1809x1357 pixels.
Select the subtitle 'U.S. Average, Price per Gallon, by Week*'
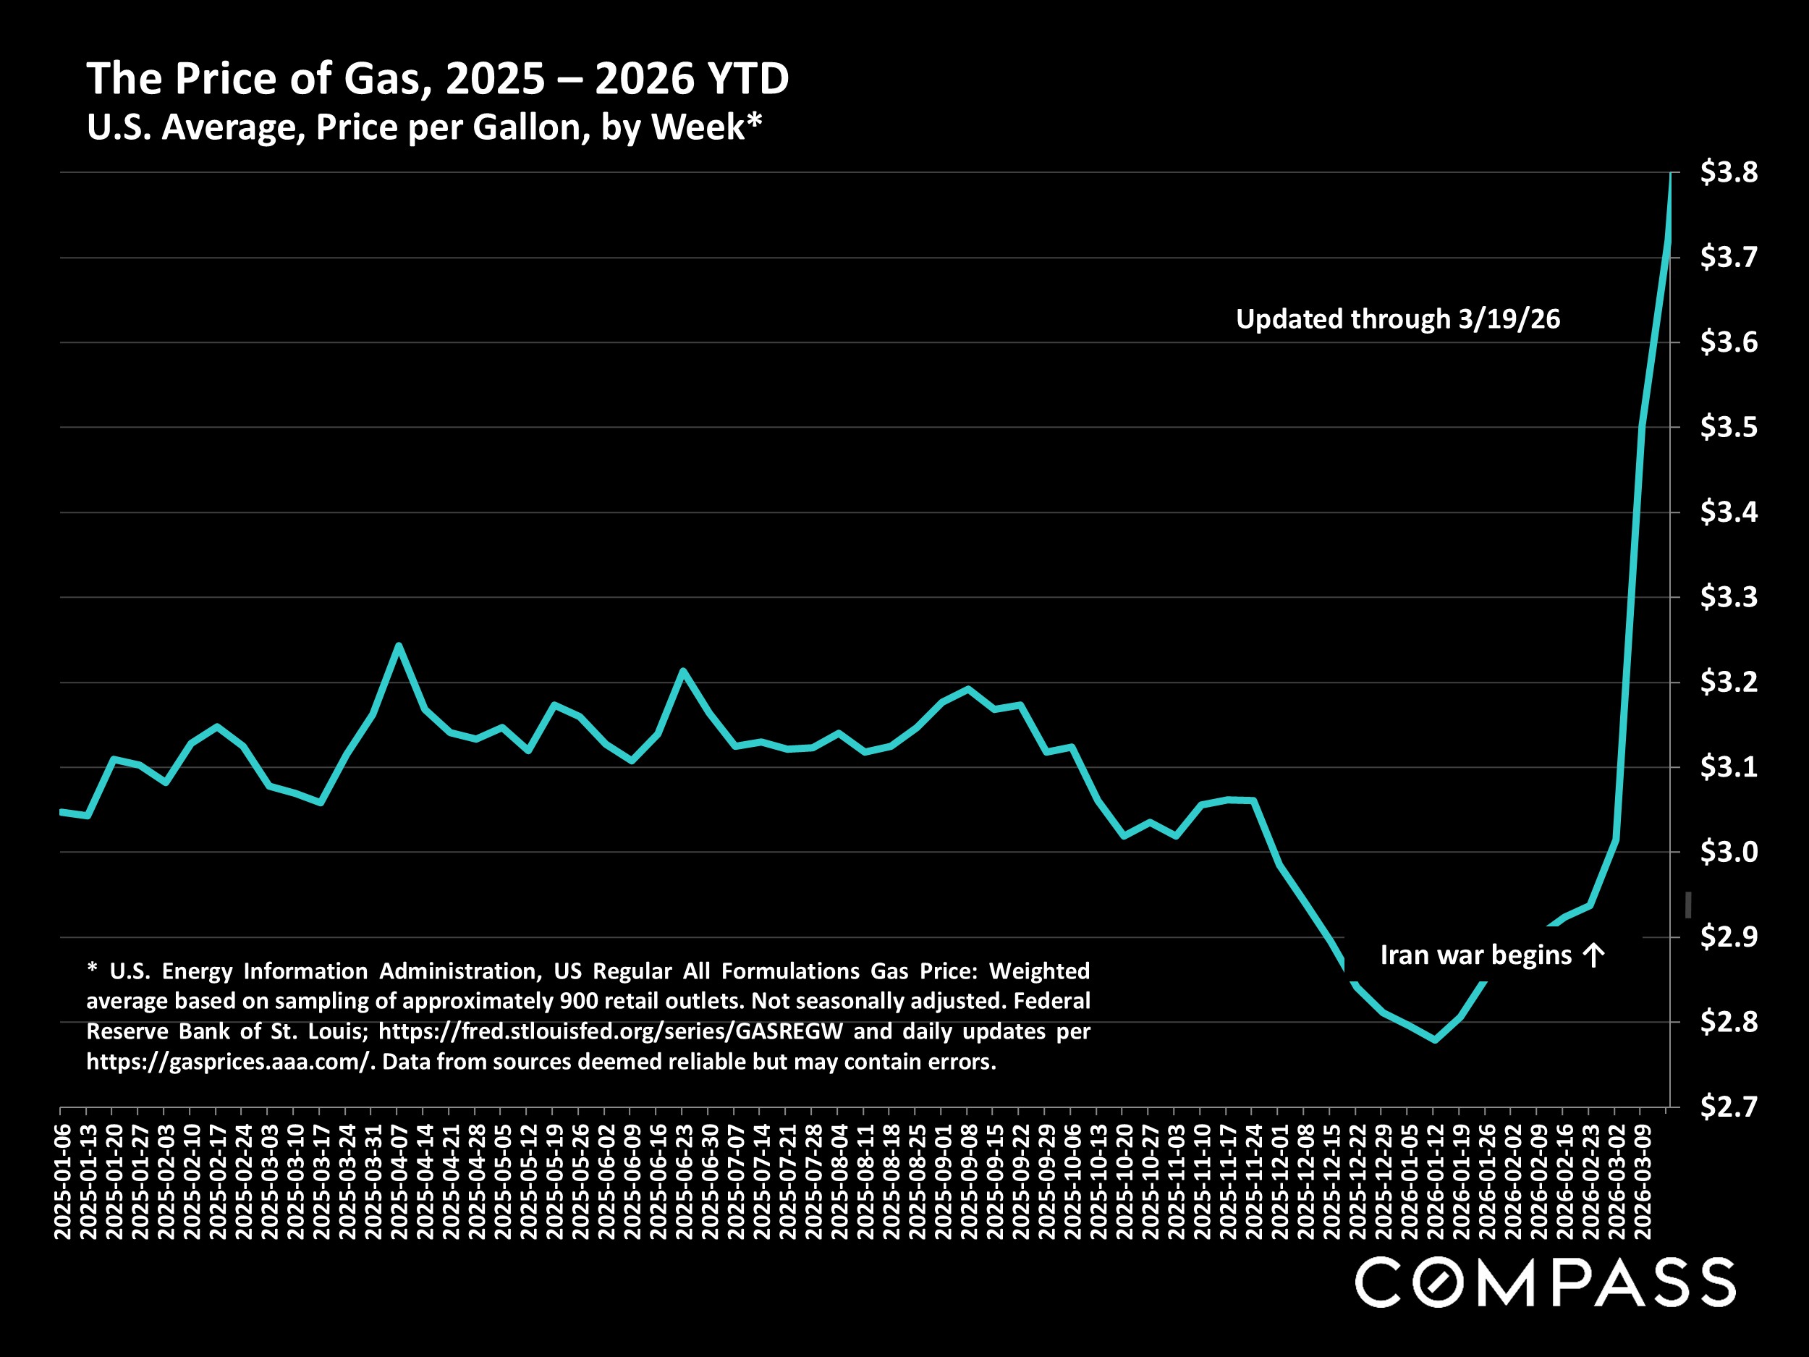[x=423, y=127]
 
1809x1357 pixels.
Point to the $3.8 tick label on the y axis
[x=1729, y=172]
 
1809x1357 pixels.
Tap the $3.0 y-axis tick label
[x=1729, y=853]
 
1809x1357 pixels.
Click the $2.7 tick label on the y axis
[x=1729, y=1107]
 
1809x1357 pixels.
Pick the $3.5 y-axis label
[x=1729, y=427]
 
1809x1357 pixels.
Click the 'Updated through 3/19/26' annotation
[x=1398, y=319]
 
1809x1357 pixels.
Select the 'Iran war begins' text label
[x=1475, y=955]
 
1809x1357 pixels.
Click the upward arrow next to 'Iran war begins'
[x=1594, y=955]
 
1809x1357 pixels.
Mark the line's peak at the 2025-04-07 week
[x=397, y=646]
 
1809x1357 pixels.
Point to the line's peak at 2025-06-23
[x=682, y=671]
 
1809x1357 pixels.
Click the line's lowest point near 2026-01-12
[x=1433, y=1039]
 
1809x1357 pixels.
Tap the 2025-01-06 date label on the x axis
[x=62, y=1181]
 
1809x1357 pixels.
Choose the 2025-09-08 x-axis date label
[x=968, y=1181]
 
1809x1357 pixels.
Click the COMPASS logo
[x=1545, y=1282]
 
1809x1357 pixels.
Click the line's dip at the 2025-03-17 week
[x=321, y=803]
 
